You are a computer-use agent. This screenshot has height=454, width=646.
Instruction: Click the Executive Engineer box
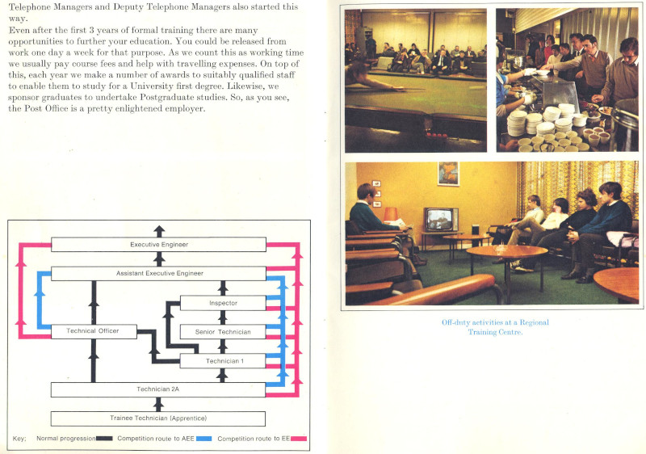tap(158, 244)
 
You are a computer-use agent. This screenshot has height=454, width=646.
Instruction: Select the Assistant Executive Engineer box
tap(158, 274)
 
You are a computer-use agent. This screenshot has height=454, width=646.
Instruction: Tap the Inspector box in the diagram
tap(222, 303)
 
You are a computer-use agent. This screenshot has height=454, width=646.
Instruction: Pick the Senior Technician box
tap(222, 332)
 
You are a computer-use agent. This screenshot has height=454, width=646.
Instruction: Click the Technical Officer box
tap(94, 331)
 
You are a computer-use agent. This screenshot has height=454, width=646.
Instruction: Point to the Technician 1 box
tap(222, 361)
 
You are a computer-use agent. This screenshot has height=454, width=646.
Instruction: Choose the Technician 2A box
tap(158, 389)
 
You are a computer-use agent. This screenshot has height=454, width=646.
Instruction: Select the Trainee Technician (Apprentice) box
tap(158, 418)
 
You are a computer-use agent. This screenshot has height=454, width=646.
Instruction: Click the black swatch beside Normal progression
tap(104, 439)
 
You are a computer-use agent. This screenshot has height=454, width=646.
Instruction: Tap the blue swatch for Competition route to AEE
tap(204, 439)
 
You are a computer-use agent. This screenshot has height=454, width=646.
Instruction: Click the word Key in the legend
tap(20, 439)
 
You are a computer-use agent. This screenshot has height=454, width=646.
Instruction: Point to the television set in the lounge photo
tap(441, 220)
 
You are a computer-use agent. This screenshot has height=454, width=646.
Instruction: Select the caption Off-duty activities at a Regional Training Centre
tap(494, 327)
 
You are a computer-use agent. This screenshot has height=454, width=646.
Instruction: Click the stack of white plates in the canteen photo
tap(517, 122)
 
